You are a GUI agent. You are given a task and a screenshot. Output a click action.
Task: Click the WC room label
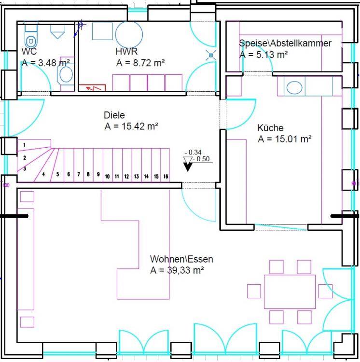tap(29, 51)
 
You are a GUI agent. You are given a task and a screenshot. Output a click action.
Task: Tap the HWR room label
tap(126, 51)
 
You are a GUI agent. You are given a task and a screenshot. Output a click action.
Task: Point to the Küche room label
tap(270, 128)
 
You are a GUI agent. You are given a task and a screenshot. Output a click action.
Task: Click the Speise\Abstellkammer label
tap(285, 43)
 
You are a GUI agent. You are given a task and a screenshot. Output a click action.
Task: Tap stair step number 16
tap(166, 177)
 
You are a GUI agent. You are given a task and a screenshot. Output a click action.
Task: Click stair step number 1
tap(25, 145)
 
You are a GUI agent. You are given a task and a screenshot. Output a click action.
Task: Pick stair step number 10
tap(107, 177)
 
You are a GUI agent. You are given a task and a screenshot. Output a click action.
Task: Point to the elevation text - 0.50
tap(201, 159)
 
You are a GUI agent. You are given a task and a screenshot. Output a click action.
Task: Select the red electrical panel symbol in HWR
tap(92, 88)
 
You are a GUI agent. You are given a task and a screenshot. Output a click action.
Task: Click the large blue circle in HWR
tap(129, 34)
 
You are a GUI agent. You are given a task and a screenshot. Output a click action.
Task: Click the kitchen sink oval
tap(294, 88)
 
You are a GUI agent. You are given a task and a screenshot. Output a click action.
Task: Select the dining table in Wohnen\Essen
tap(290, 292)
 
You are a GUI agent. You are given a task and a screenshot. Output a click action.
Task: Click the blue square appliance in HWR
tap(102, 31)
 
